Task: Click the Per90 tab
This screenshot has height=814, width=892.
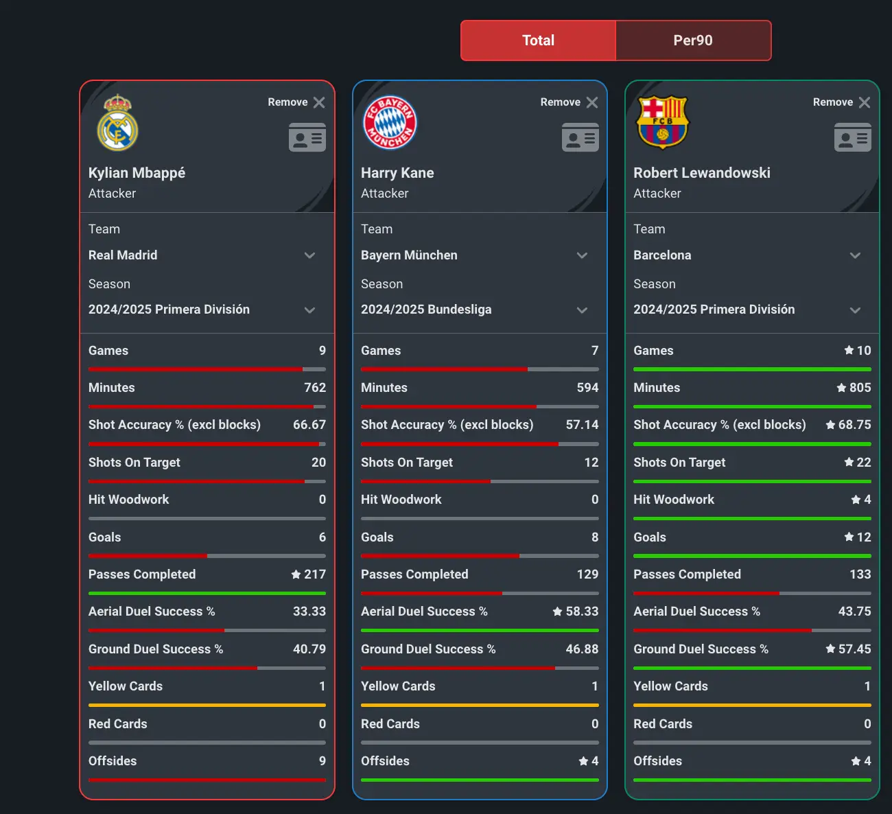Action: (x=693, y=40)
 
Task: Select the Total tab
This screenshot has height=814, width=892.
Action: (x=538, y=40)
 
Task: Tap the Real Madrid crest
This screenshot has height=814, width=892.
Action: (x=117, y=123)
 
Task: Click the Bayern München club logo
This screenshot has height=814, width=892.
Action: (x=390, y=122)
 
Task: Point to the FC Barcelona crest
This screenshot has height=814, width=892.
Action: (x=662, y=122)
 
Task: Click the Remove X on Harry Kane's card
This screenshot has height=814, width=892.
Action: (x=592, y=102)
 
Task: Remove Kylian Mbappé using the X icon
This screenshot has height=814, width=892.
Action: (x=319, y=102)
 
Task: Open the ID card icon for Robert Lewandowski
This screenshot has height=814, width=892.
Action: (x=852, y=137)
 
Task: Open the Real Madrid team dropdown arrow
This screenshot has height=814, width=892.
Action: (x=309, y=255)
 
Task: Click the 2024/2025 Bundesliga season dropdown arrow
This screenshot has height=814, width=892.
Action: (x=582, y=310)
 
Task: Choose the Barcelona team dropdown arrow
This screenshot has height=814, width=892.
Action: (x=855, y=255)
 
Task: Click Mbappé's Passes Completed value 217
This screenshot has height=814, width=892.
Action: (x=315, y=574)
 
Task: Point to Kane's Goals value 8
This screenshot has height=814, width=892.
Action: (x=594, y=537)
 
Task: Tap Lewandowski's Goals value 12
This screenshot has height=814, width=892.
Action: (x=863, y=537)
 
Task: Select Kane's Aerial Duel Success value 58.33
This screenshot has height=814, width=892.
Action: (x=582, y=612)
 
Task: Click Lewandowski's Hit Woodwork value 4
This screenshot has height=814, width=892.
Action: (x=867, y=500)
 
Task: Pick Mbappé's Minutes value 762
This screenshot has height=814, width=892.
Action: (x=315, y=388)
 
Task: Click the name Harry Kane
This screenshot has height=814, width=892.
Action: (x=397, y=173)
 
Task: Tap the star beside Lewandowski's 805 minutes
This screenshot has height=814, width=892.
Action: (x=841, y=388)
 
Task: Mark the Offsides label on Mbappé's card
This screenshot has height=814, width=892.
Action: (x=113, y=761)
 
